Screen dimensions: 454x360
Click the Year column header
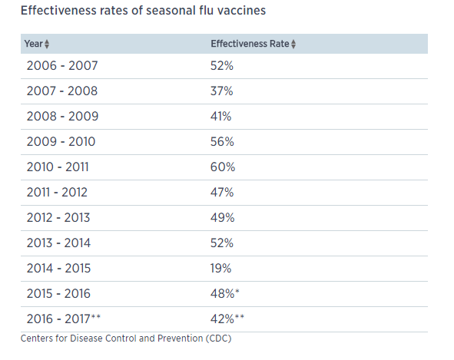pyautogui.click(x=34, y=44)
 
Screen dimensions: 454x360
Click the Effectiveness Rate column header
pyautogui.click(x=250, y=44)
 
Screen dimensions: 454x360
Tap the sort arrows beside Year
pyautogui.click(x=47, y=44)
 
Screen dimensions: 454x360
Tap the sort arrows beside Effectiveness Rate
pyautogui.click(x=293, y=44)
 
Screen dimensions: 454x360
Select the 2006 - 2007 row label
pyautogui.click(x=62, y=66)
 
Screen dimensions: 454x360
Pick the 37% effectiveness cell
pyautogui.click(x=222, y=91)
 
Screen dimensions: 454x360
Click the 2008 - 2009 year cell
pyautogui.click(x=62, y=117)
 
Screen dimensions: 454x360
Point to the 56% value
pyautogui.click(x=222, y=142)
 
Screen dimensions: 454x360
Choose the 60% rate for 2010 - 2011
pyautogui.click(x=223, y=167)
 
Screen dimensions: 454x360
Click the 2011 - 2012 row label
pyautogui.click(x=57, y=193)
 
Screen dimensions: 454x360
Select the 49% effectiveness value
pyautogui.click(x=222, y=218)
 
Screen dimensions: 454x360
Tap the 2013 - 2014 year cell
pyautogui.click(x=58, y=243)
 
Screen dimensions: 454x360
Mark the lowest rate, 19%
pyautogui.click(x=221, y=268)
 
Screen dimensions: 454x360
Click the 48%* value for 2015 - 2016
pyautogui.click(x=225, y=293)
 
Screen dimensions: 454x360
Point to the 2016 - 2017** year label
pyautogui.click(x=64, y=319)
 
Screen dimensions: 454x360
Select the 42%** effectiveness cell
pyautogui.click(x=227, y=319)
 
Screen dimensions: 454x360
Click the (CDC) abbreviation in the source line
pyautogui.click(x=219, y=339)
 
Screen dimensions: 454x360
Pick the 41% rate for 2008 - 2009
pyautogui.click(x=221, y=117)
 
